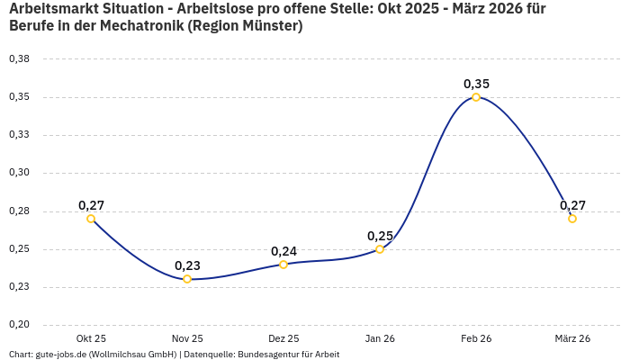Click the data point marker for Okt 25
(91, 219)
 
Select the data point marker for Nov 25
(187, 279)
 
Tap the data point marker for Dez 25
(283, 265)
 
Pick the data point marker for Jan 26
(380, 249)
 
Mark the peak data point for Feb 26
(476, 97)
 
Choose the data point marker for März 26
(572, 219)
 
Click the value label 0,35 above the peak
(476, 84)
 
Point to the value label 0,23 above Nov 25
(187, 265)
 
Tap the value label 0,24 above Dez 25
(283, 251)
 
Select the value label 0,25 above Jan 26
(380, 236)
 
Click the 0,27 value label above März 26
(572, 205)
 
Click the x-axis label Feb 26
(476, 338)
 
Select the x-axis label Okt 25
(91, 338)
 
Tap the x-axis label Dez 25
(283, 338)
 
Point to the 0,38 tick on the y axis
(19, 59)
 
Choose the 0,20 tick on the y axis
(19, 325)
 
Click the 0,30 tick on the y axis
(19, 173)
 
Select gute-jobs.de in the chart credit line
(60, 355)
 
